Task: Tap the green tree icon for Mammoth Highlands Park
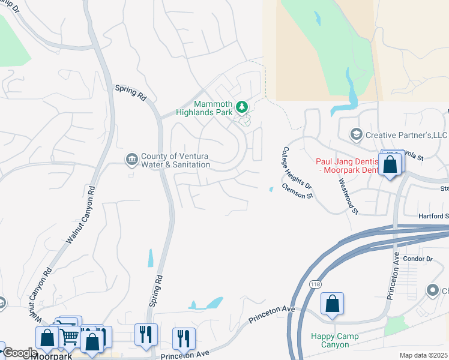click(x=242, y=107)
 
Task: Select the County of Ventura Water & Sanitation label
click(x=175, y=161)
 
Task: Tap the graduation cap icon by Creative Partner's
click(x=357, y=134)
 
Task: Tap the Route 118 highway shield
click(x=315, y=283)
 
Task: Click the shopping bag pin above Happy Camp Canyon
click(x=332, y=304)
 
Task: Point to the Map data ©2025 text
click(x=423, y=355)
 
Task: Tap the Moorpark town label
click(x=52, y=356)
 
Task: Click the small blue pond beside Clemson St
click(x=271, y=190)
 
